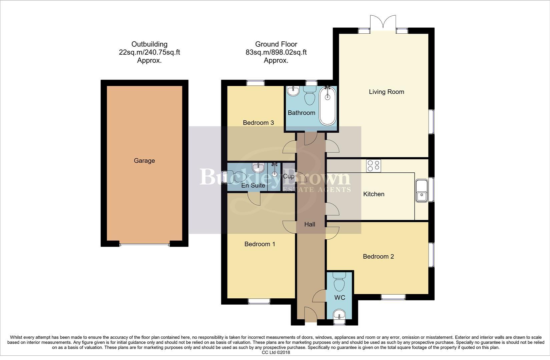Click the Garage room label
click(x=144, y=161)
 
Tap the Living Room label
click(x=386, y=92)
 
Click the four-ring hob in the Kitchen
click(x=374, y=166)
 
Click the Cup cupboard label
click(x=289, y=176)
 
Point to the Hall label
click(x=310, y=224)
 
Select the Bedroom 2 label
click(x=378, y=256)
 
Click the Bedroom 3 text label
click(x=258, y=123)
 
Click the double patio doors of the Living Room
click(x=383, y=23)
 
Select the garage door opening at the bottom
click(x=144, y=244)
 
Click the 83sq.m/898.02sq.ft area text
click(x=276, y=52)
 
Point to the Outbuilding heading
click(x=149, y=44)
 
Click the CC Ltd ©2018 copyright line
click(x=276, y=352)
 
